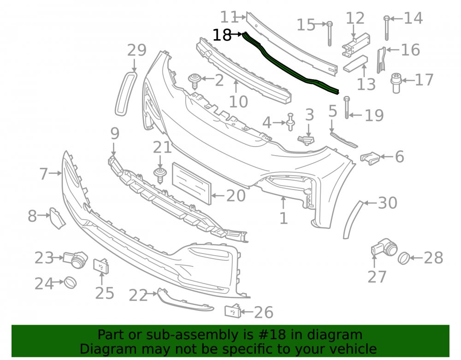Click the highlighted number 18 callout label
(222, 35)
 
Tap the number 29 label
(136, 50)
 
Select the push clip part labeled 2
(194, 81)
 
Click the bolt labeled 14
(387, 28)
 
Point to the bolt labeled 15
(330, 34)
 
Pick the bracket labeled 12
(355, 44)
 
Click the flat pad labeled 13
(355, 64)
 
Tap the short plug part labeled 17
(396, 83)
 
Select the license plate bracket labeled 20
(192, 183)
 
